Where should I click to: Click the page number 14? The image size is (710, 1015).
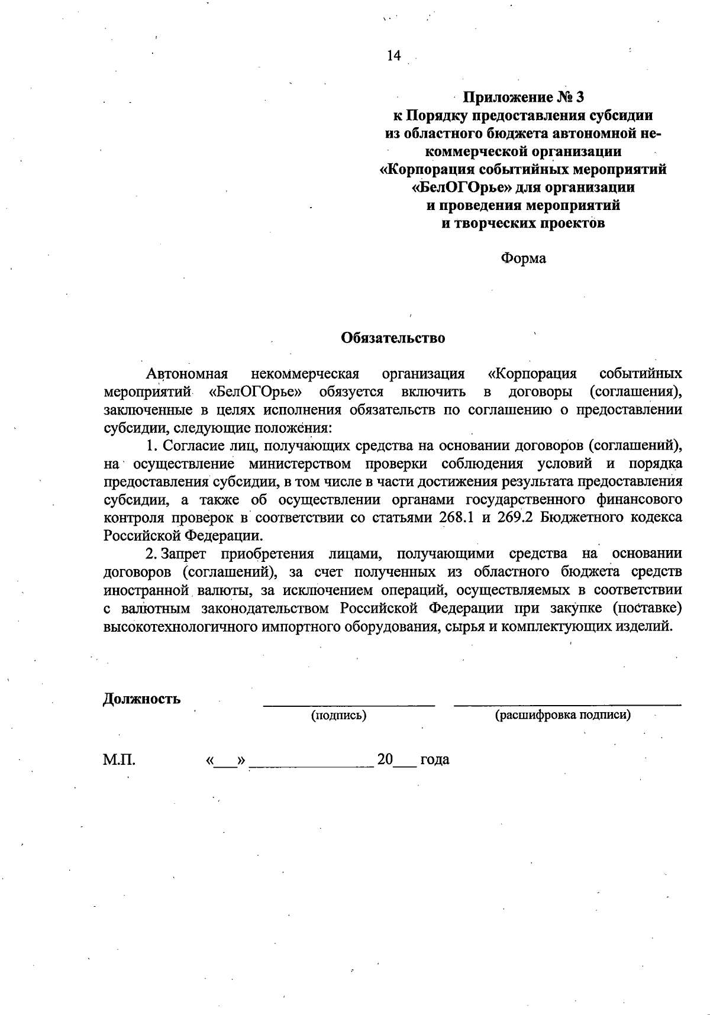(393, 56)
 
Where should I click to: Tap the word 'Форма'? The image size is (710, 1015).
(523, 258)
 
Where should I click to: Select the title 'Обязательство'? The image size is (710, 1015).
(393, 338)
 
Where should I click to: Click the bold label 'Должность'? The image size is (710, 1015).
(142, 699)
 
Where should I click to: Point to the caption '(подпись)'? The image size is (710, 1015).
(339, 715)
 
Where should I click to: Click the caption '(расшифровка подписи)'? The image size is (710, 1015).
(563, 715)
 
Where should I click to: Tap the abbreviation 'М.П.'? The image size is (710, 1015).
(119, 759)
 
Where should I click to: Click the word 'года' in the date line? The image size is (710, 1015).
(435, 759)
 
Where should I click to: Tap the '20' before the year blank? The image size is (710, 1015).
(385, 759)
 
